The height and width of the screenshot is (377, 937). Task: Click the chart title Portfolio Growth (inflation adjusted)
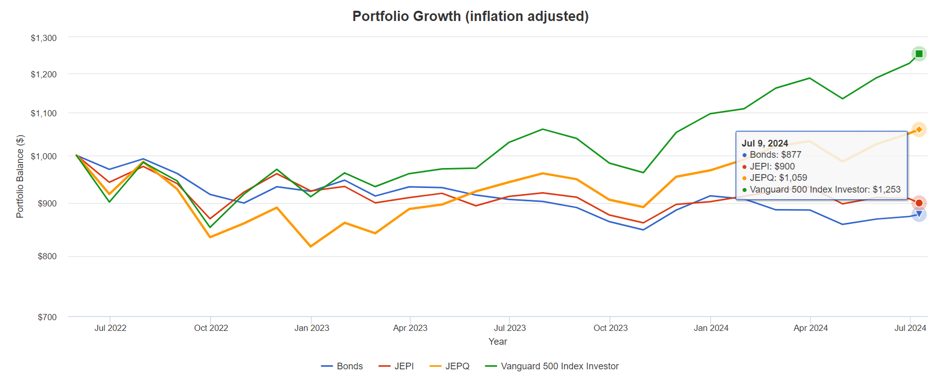pos(470,16)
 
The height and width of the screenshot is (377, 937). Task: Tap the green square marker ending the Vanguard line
pos(919,54)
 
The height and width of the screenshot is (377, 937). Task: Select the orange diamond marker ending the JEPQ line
pos(919,130)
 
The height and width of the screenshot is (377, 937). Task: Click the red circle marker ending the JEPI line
pos(919,203)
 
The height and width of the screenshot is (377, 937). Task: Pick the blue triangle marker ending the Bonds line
pos(919,214)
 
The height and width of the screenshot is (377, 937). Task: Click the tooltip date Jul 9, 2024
pos(764,143)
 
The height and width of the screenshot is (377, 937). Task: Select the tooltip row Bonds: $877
pos(775,155)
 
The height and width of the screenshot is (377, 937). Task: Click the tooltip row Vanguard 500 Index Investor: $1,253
pos(824,190)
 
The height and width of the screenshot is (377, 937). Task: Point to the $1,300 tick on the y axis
pos(44,38)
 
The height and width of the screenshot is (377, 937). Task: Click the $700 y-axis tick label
pos(47,317)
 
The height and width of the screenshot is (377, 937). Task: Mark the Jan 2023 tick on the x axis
pos(311,328)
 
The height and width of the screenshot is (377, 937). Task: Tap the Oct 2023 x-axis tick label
pos(610,328)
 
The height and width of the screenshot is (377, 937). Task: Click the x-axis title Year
pos(498,342)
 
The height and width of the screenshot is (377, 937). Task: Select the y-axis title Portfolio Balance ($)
pos(20,176)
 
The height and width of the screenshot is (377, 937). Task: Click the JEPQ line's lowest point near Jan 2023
pos(311,246)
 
